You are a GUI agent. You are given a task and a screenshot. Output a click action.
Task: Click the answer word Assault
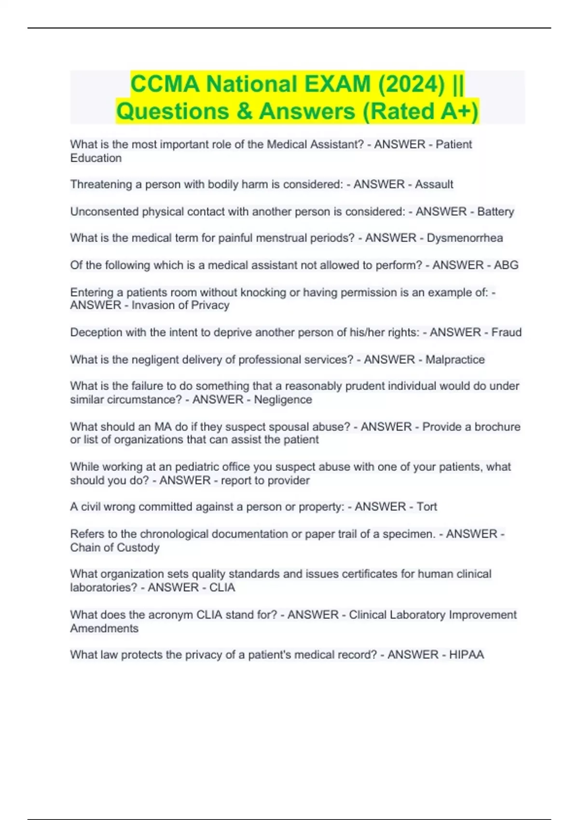click(x=434, y=184)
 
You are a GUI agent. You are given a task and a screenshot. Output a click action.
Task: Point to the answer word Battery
click(x=496, y=212)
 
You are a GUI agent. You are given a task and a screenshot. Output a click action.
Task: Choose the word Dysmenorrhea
click(x=465, y=238)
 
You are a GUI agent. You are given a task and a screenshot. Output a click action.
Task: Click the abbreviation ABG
click(x=506, y=265)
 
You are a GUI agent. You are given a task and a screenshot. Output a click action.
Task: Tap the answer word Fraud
click(x=506, y=332)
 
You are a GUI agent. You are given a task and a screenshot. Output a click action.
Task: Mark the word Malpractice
click(x=455, y=359)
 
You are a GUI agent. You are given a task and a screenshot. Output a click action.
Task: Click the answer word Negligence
click(x=283, y=400)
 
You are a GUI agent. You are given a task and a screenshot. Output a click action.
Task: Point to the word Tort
click(x=427, y=506)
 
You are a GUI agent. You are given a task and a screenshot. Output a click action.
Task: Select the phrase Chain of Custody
click(x=115, y=547)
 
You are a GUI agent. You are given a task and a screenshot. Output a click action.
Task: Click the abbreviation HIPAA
click(x=466, y=655)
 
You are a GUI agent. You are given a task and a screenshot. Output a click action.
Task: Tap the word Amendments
click(x=104, y=629)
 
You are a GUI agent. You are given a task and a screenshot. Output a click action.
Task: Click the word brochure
click(x=497, y=427)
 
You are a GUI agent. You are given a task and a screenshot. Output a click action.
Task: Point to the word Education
click(x=96, y=158)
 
